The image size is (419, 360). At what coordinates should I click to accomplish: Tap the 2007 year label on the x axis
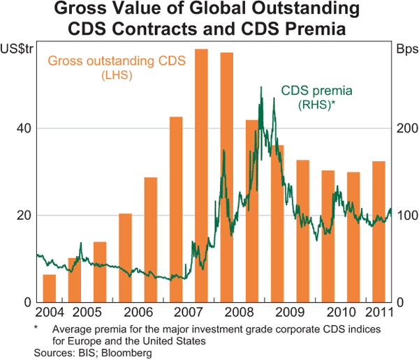pyautogui.click(x=189, y=311)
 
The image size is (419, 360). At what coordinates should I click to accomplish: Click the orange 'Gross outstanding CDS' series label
pyautogui.click(x=117, y=61)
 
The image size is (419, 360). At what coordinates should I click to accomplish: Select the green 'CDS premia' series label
pyautogui.click(x=316, y=90)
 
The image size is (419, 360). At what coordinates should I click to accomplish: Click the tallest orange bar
pyautogui.click(x=201, y=174)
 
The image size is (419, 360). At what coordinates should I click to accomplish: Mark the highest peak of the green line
pyautogui.click(x=261, y=87)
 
